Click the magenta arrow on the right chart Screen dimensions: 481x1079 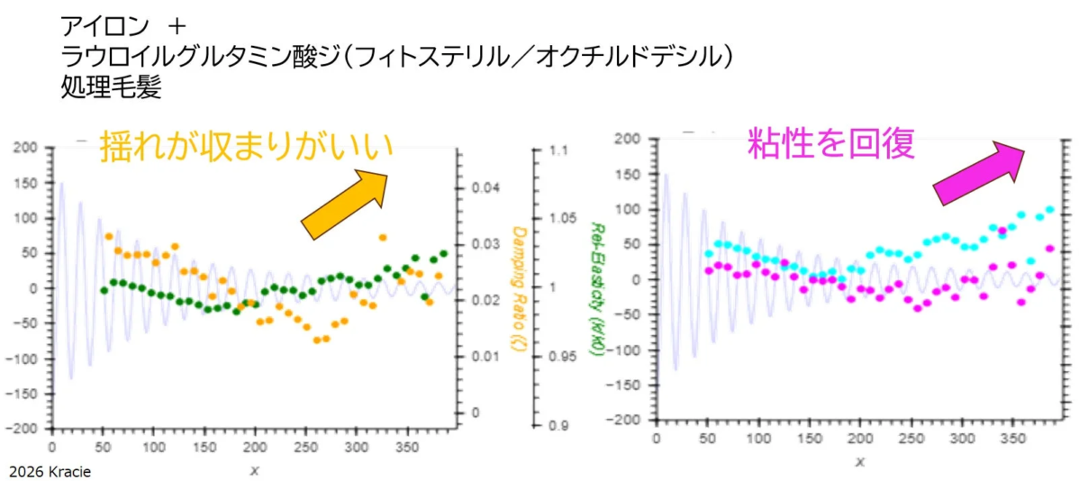979,174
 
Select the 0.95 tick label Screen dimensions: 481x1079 564,357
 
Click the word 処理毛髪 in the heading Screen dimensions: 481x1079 110,89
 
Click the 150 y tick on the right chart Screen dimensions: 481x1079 626,174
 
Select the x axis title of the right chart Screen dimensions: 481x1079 860,462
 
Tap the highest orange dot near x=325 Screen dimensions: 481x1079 383,238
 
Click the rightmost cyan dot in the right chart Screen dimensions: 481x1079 1050,210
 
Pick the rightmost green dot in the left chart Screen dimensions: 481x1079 443,254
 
